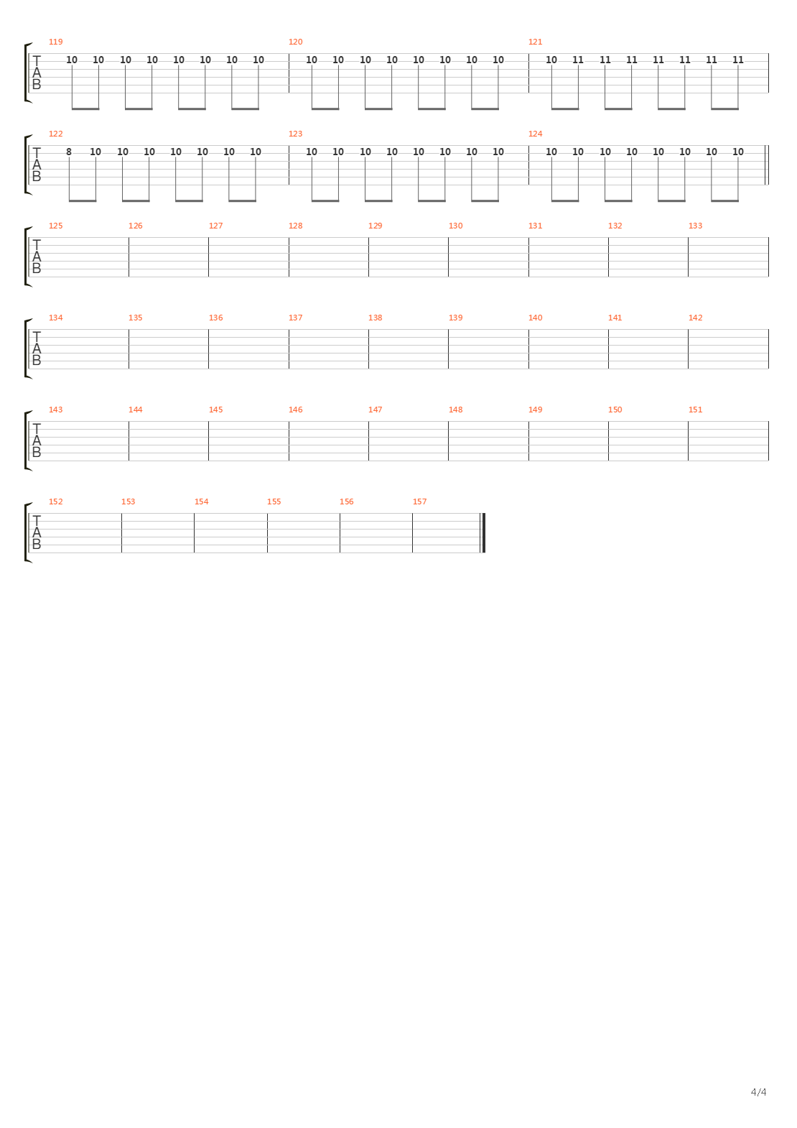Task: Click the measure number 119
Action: tap(55, 42)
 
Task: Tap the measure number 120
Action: tap(295, 42)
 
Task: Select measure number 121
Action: tap(535, 42)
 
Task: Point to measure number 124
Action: tap(535, 134)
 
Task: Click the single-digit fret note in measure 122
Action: tap(69, 152)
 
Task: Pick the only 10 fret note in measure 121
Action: tap(551, 60)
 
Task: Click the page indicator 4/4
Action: tap(758, 1092)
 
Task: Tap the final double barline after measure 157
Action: tap(484, 533)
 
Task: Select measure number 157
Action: tap(419, 501)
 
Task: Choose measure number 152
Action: tap(55, 501)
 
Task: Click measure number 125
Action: tap(55, 226)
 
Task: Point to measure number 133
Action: tap(695, 226)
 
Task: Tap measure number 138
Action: tap(375, 318)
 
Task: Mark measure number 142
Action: tap(695, 318)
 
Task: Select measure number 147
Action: tap(375, 410)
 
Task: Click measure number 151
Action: tap(695, 410)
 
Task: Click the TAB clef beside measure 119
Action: tap(37, 73)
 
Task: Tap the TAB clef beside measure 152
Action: tap(37, 533)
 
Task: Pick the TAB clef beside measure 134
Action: tap(37, 349)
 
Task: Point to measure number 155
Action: tap(274, 501)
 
